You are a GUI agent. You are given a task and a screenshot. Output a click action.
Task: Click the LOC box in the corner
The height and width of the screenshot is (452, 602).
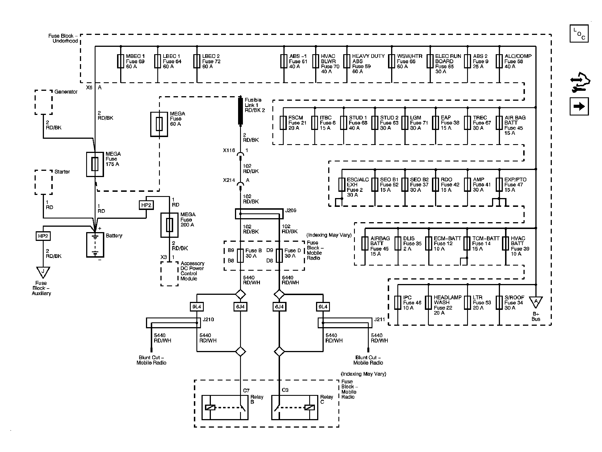click(x=579, y=33)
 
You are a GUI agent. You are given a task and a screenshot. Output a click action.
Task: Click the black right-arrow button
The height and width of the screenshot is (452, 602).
click(x=579, y=106)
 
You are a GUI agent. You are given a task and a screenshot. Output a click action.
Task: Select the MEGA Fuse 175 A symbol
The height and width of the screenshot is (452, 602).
click(x=95, y=164)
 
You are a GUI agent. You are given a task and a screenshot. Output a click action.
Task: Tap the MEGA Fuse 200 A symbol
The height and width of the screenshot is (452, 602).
click(x=169, y=225)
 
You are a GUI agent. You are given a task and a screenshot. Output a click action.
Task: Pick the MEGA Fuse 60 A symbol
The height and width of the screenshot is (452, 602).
click(x=159, y=124)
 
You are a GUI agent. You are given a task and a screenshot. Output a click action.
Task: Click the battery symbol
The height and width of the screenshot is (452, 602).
click(x=95, y=245)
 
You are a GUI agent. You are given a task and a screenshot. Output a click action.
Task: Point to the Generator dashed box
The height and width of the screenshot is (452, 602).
click(x=43, y=102)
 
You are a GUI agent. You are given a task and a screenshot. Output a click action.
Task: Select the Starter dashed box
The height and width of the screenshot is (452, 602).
click(x=43, y=182)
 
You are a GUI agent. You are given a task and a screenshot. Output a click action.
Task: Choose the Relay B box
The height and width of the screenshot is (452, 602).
click(x=224, y=407)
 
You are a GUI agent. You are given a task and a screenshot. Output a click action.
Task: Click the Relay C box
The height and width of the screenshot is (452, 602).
click(x=294, y=407)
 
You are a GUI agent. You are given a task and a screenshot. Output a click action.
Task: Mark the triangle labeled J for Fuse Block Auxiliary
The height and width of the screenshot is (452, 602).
click(x=43, y=272)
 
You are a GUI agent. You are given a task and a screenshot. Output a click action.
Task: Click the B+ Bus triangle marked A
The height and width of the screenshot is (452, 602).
click(x=536, y=302)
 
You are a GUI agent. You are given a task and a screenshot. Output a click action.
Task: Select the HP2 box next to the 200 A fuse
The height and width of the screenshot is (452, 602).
click(x=146, y=205)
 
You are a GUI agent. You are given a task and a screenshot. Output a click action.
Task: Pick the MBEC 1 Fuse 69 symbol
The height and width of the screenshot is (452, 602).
click(x=121, y=61)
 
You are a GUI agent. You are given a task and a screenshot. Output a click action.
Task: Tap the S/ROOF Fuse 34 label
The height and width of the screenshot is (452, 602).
click(x=514, y=302)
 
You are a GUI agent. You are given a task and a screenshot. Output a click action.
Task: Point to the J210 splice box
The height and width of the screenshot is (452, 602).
click(x=173, y=323)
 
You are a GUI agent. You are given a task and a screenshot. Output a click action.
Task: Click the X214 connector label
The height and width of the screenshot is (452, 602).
click(x=229, y=180)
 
